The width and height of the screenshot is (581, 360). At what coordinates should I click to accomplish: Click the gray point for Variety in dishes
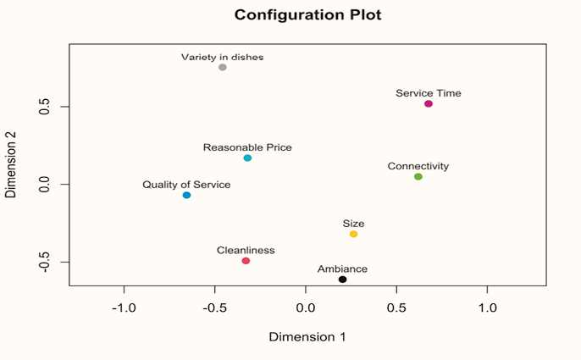tap(223, 67)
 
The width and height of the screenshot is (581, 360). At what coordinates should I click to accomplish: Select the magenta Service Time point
tap(429, 103)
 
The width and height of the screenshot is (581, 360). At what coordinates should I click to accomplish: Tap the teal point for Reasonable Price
tap(247, 158)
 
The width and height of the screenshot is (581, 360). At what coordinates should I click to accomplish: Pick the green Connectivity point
tap(418, 177)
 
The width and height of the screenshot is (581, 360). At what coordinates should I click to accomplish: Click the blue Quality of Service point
tap(186, 196)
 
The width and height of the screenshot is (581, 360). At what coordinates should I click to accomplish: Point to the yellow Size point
tap(354, 234)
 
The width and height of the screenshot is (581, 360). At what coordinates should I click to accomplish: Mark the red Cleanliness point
tap(246, 261)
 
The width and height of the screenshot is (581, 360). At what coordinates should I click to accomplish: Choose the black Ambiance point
tap(342, 280)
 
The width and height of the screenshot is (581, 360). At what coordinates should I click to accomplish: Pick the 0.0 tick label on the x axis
tap(306, 306)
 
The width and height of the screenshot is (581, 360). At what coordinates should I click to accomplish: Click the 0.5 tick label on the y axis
tap(40, 107)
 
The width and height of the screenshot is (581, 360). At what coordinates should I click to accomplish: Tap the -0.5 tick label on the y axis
tap(40, 262)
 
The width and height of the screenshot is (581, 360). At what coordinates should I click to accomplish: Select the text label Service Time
tap(429, 93)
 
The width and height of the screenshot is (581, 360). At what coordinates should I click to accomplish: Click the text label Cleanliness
tap(246, 251)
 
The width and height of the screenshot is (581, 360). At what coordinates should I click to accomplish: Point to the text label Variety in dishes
tap(223, 58)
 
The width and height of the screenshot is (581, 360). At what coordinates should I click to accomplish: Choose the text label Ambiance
tap(342, 269)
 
